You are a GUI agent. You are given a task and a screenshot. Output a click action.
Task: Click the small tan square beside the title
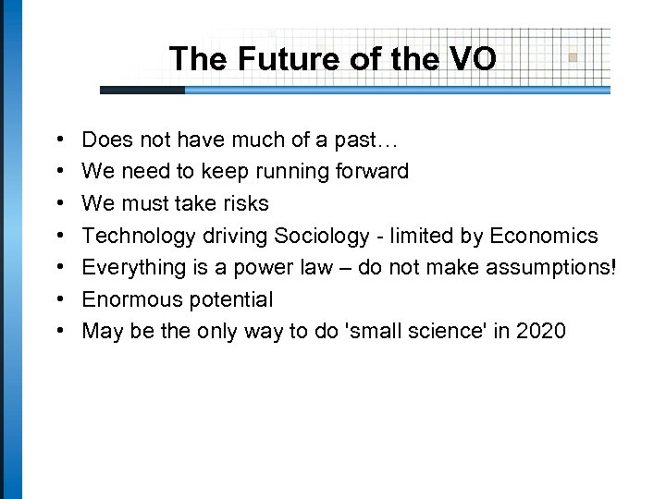(x=573, y=56)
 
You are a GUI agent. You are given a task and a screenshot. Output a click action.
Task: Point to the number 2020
(x=541, y=331)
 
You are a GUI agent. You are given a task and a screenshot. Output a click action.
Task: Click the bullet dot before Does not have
(x=46, y=140)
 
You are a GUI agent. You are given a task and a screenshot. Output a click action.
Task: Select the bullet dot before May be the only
(x=46, y=332)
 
